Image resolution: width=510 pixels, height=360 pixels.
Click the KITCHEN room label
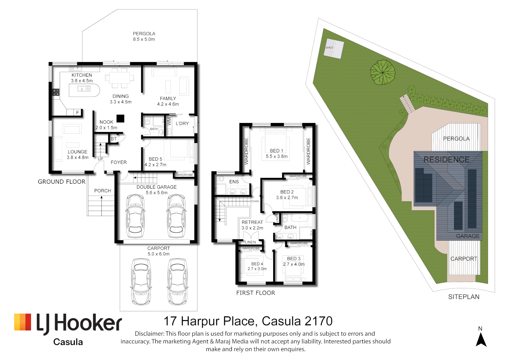[x=82, y=75]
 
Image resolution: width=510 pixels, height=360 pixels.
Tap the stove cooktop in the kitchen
[x=56, y=92]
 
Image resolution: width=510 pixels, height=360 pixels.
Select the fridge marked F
[x=78, y=113]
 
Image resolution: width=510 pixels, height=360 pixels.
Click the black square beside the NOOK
[x=120, y=118]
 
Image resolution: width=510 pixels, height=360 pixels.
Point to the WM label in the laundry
[x=169, y=121]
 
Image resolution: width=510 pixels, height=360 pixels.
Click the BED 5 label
[x=155, y=159]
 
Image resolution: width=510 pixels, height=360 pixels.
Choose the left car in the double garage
[x=135, y=216]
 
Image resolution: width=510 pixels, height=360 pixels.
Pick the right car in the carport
[x=177, y=282]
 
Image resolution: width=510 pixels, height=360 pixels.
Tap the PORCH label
[x=102, y=191]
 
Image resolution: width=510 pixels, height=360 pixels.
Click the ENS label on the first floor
[x=234, y=182]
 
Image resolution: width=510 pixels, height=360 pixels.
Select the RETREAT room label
[x=252, y=222]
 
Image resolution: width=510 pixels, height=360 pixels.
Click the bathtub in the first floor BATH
[x=299, y=218]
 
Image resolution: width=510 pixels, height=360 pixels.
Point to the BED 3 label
[x=294, y=259]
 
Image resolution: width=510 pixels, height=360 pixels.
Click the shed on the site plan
[x=334, y=49]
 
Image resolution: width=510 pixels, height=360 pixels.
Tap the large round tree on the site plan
[x=383, y=72]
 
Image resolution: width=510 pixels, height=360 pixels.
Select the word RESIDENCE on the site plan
[x=446, y=160]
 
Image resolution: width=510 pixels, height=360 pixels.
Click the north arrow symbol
[x=481, y=340]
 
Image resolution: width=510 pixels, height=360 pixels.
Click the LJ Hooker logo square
[x=23, y=322]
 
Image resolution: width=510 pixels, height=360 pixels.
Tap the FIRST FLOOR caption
[x=256, y=293]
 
